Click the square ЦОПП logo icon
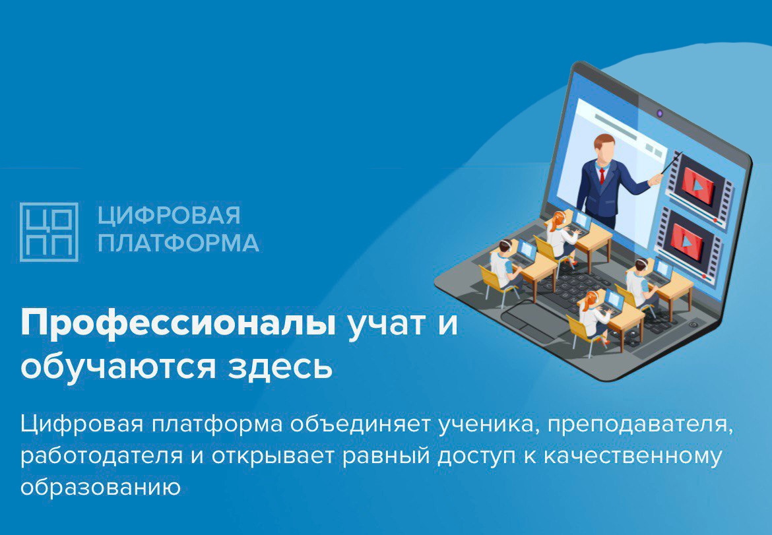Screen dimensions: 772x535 [49, 232]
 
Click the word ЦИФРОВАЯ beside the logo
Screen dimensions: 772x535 [169, 216]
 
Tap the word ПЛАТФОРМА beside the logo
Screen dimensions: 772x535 [178, 243]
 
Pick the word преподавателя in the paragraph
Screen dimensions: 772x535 [640, 425]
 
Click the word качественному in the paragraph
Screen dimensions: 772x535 [633, 456]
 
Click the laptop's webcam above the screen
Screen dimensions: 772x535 [660, 113]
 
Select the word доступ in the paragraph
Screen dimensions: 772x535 [478, 456]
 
